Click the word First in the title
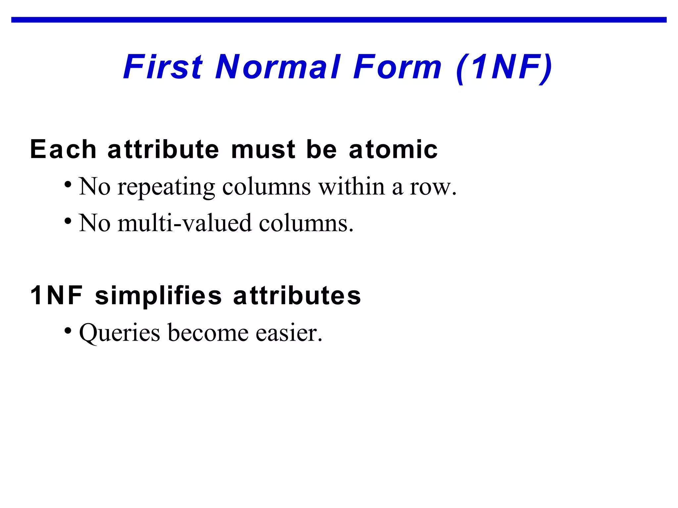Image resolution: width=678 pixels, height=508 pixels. point(163,67)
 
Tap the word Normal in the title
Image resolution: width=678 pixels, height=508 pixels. point(278,67)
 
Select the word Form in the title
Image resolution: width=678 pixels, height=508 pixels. point(397,67)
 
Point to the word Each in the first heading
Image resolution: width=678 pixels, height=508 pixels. point(63,149)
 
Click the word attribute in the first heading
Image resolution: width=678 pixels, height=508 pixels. point(163,149)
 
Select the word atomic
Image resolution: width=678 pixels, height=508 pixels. point(393,149)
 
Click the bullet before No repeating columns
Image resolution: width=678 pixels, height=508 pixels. point(68,184)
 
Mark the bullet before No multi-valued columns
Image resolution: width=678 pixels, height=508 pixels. point(68,221)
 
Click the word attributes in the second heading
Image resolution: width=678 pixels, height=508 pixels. point(297,295)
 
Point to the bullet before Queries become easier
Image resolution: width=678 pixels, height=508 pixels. point(68,330)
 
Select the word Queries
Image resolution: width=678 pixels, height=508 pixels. point(120,333)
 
